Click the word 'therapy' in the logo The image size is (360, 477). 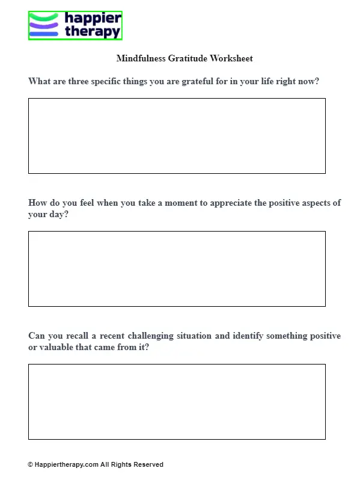(x=92, y=32)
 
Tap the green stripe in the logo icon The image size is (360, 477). (x=43, y=17)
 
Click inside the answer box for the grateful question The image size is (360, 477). (x=177, y=136)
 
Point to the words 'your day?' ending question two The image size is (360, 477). (x=48, y=215)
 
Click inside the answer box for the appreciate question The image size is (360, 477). (x=177, y=269)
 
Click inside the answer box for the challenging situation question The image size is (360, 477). (x=177, y=402)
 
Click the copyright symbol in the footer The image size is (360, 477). (x=30, y=465)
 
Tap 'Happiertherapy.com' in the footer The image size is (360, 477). (x=66, y=465)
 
